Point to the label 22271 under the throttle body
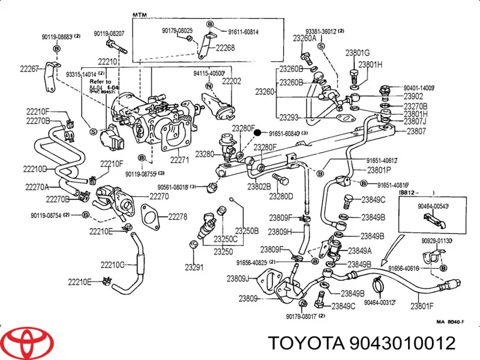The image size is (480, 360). pos(179,160)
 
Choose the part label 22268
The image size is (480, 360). pos(225,49)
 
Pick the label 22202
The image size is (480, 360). pos(232,80)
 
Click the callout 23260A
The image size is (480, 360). pos(305,38)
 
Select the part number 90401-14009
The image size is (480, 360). pos(418,88)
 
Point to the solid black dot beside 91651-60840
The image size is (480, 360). pos(256,133)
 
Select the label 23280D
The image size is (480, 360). pos(281,196)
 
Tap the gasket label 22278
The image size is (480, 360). pos(178,217)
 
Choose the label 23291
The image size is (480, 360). pos(193,267)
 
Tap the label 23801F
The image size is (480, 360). pos(422,307)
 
